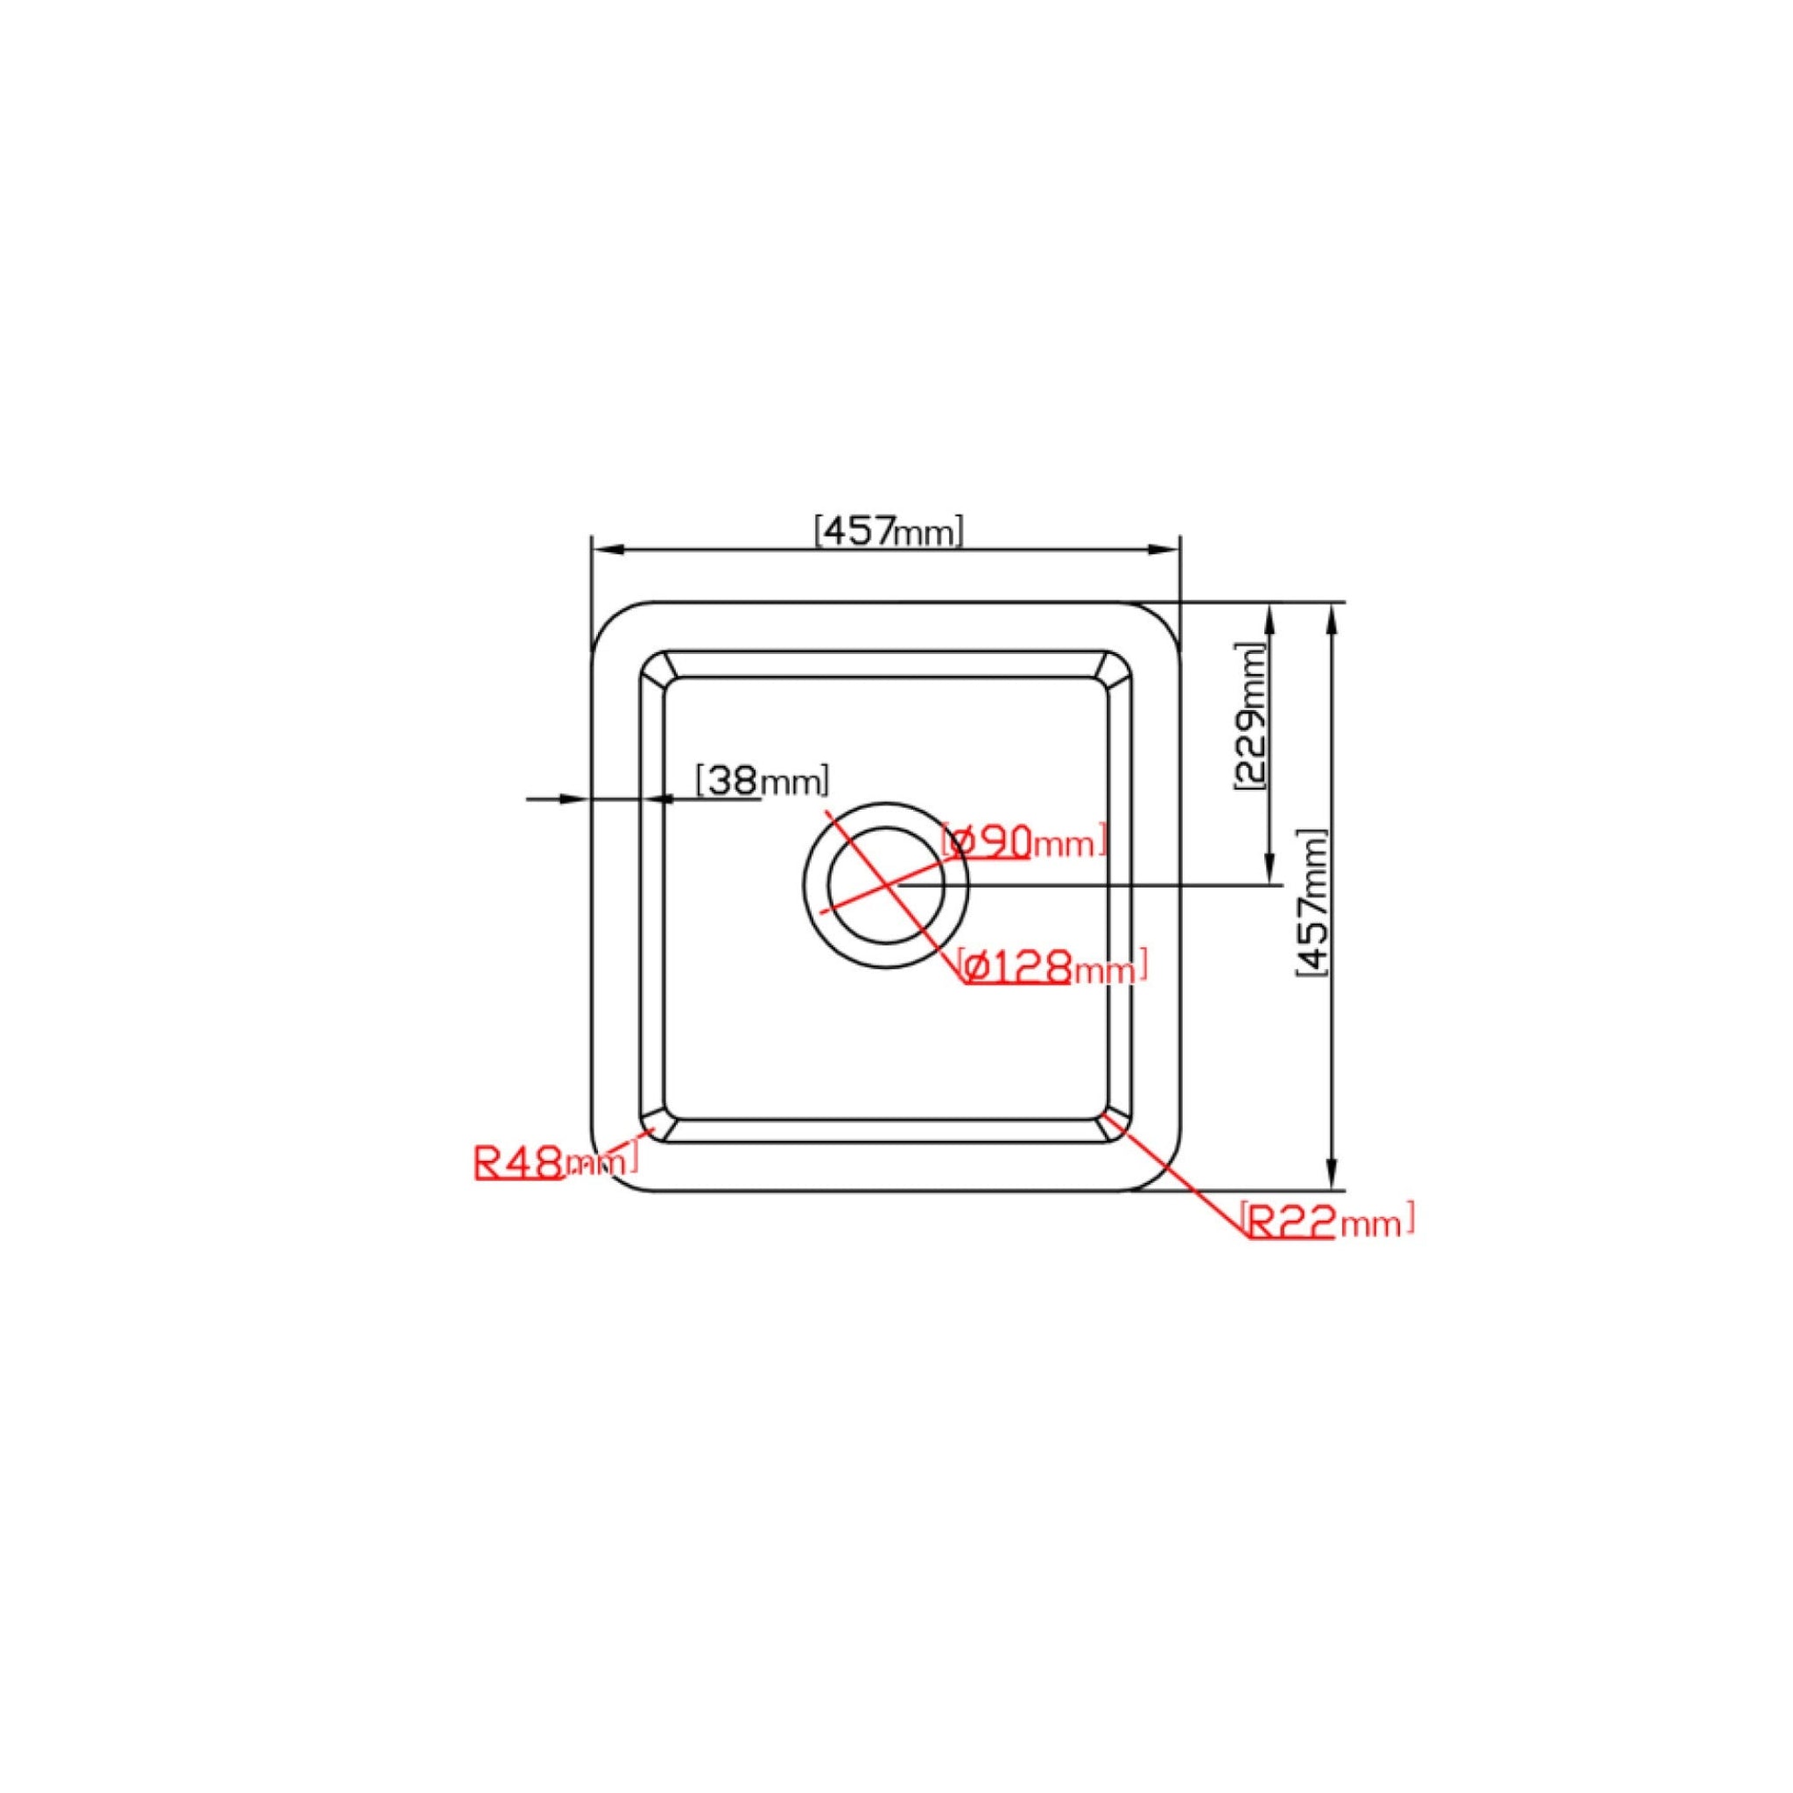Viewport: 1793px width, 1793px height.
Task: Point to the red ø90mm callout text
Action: pyautogui.click(x=1023, y=841)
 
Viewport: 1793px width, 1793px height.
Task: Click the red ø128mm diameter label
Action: pyautogui.click(x=1052, y=969)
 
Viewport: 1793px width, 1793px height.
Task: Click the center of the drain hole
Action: pyautogui.click(x=885, y=885)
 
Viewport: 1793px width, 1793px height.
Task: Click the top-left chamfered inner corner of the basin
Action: pyautogui.click(x=654, y=666)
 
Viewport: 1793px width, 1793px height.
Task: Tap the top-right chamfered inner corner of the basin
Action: pyautogui.click(x=1117, y=666)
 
